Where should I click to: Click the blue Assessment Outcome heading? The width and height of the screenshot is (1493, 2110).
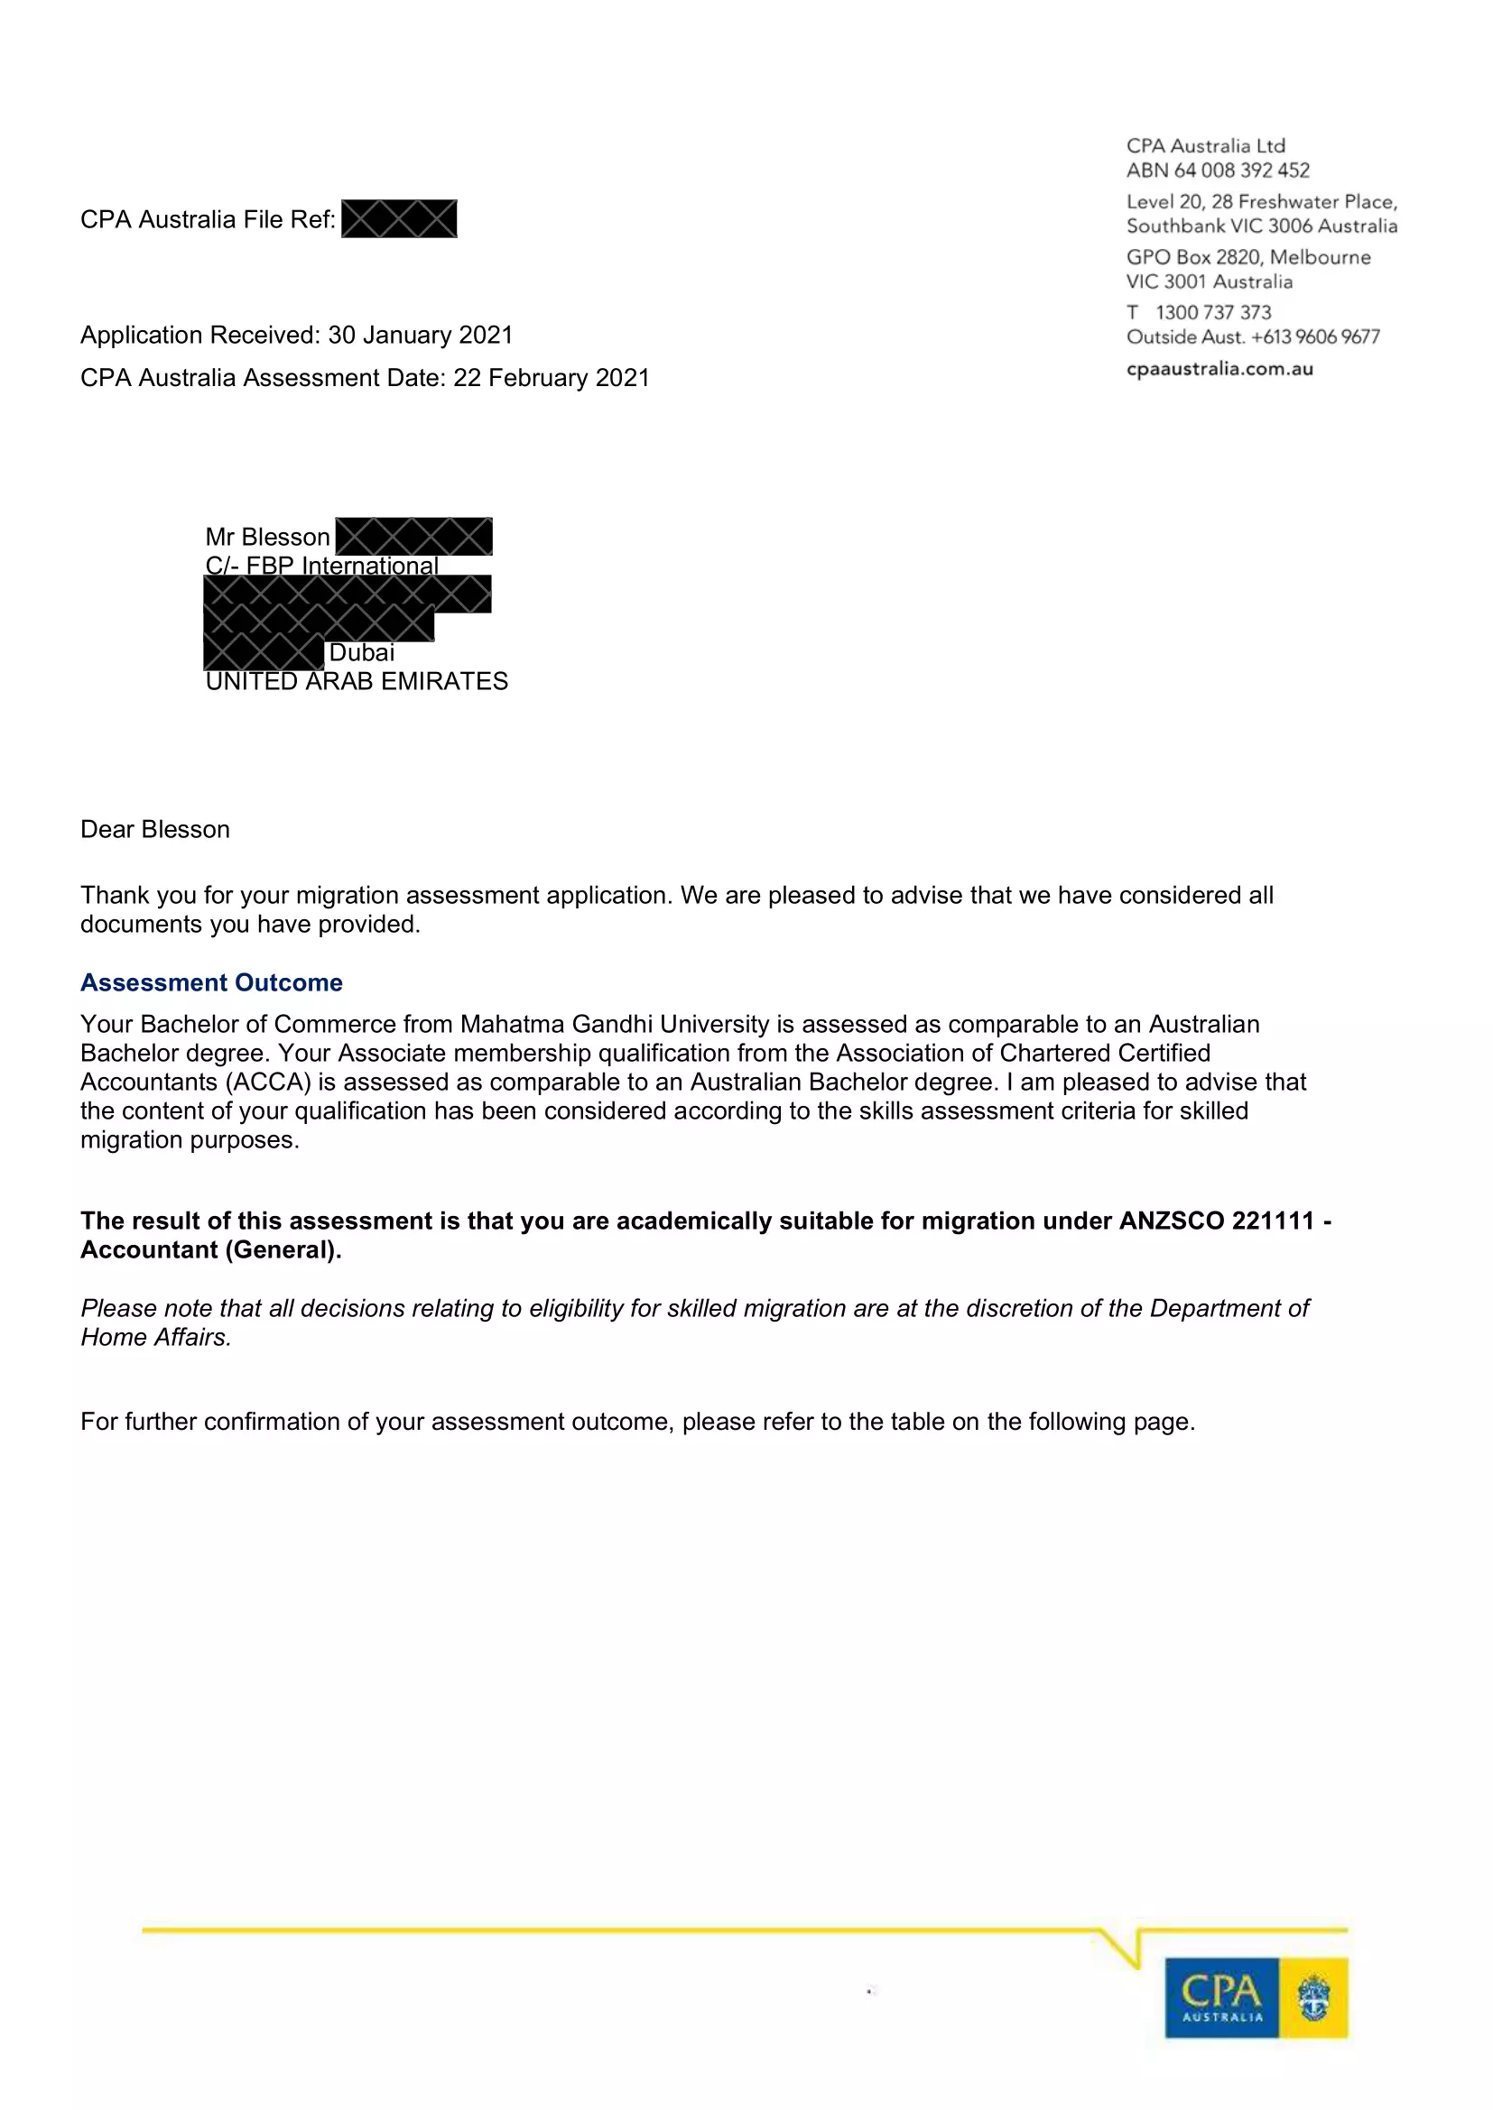click(x=210, y=982)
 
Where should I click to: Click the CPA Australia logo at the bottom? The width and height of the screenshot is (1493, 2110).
click(x=1256, y=1997)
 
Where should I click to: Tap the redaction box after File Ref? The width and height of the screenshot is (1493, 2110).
click(x=399, y=218)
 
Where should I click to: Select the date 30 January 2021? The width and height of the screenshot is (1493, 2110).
click(x=420, y=335)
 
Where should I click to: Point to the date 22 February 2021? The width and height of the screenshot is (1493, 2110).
click(x=551, y=378)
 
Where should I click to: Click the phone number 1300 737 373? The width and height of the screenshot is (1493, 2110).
click(x=1212, y=312)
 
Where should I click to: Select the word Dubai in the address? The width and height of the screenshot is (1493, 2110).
click(x=361, y=652)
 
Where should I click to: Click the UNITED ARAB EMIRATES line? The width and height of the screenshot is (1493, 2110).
click(x=357, y=681)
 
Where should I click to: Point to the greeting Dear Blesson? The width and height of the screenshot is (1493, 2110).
click(x=154, y=829)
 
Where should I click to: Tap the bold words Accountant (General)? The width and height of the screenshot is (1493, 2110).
click(x=210, y=1249)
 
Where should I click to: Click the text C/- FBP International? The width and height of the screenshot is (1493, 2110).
click(x=321, y=566)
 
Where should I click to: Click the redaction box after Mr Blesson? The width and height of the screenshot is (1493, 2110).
click(x=413, y=537)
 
